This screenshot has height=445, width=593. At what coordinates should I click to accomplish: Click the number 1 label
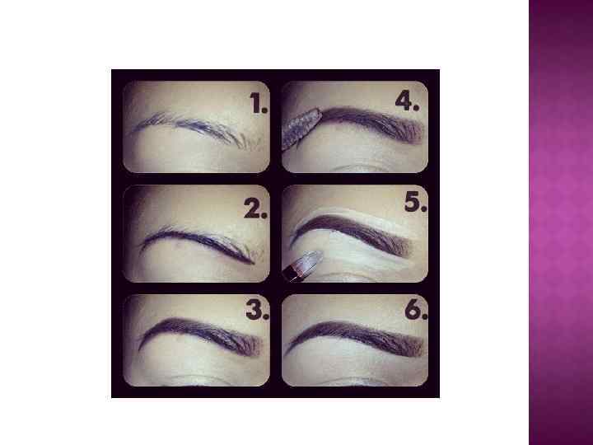259,103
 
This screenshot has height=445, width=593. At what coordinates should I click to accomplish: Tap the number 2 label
255,208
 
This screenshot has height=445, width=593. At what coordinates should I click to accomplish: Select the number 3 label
258,310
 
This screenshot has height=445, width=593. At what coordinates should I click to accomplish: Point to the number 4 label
407,101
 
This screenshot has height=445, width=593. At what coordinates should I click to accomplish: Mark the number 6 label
416,310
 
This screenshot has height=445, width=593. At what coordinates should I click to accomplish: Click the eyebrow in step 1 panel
197,129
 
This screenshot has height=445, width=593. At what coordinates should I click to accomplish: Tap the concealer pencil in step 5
302,265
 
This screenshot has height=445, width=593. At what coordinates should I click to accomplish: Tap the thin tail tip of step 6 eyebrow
287,351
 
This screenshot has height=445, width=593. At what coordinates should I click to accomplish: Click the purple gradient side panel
561,222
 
